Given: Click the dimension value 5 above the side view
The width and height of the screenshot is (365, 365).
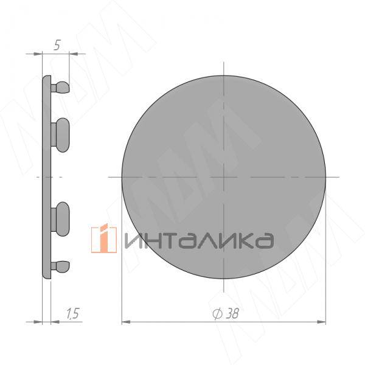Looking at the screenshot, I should (x=56, y=44).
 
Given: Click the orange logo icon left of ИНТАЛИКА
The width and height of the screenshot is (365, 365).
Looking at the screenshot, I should (x=103, y=238).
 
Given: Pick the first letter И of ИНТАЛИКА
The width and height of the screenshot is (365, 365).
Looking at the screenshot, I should (x=133, y=240).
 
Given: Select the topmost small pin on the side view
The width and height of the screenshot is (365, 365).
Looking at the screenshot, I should (x=61, y=88).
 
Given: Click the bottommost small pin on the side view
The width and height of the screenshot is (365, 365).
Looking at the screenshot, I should (x=61, y=265).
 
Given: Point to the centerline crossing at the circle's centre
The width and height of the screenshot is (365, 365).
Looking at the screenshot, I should (x=224, y=176).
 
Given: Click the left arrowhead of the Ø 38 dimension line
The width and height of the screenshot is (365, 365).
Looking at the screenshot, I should (x=125, y=321).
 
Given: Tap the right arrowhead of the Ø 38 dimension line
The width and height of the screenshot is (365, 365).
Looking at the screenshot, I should (x=324, y=321).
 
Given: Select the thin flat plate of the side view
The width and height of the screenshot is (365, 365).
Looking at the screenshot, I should (x=46, y=176).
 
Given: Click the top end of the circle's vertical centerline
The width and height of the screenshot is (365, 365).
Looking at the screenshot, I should (x=224, y=62).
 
